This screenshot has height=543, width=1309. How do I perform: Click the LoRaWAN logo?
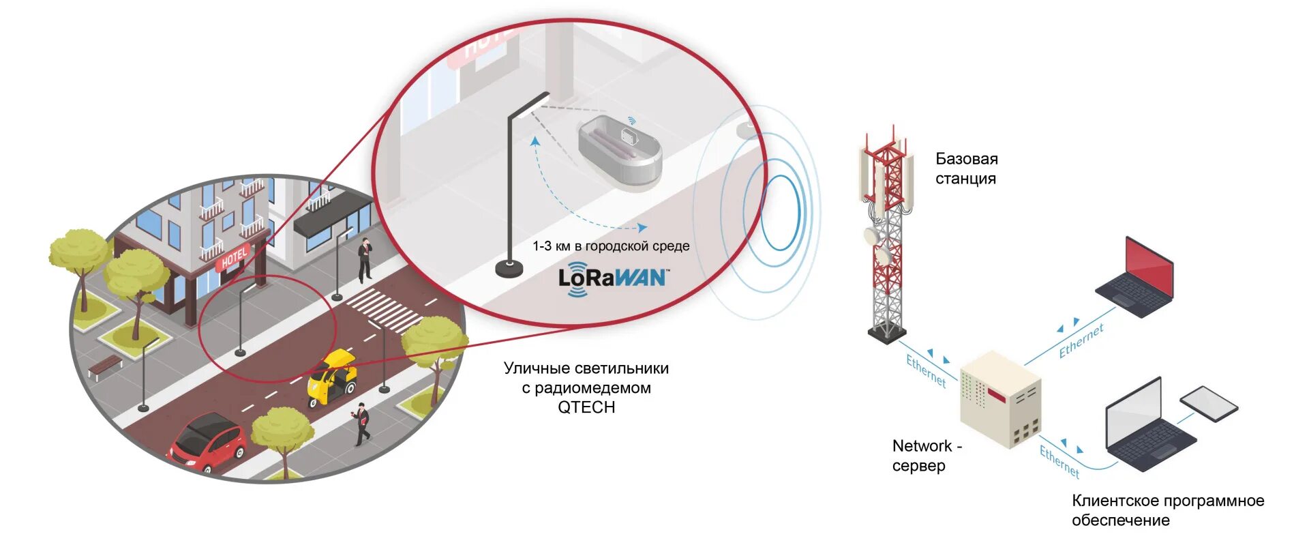(612, 278)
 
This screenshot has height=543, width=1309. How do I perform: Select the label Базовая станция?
(966, 168)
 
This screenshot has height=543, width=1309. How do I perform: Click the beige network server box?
(1000, 398)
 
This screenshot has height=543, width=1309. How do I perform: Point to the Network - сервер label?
(926, 456)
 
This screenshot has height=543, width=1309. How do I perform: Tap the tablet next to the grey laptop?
(1209, 403)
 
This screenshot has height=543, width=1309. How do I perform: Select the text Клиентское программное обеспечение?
(1167, 510)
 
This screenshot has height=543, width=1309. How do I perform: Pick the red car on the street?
(208, 442)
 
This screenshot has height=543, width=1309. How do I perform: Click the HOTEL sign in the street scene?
(234, 259)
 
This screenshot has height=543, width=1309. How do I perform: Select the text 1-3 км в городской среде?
(611, 246)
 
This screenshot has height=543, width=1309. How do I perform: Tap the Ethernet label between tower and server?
(926, 371)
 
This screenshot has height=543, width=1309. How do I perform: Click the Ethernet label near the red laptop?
(1081, 341)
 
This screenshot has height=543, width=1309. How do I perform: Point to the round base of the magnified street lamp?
(509, 269)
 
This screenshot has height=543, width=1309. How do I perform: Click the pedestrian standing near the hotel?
(365, 260)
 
